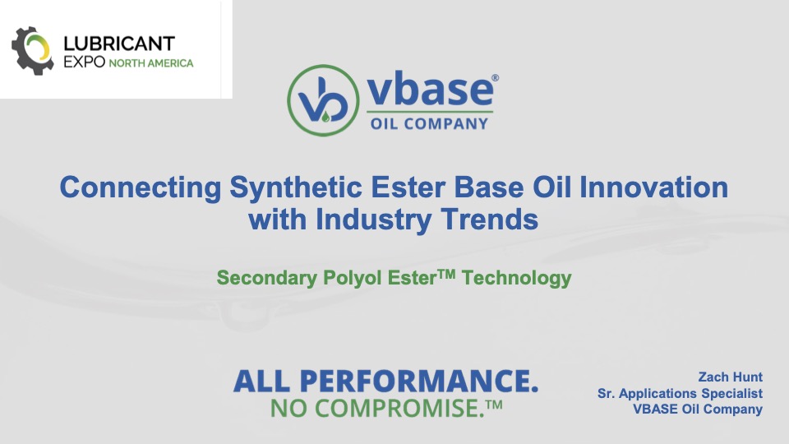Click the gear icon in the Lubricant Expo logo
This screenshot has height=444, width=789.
point(32,51)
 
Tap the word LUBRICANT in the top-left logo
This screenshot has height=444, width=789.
point(119,44)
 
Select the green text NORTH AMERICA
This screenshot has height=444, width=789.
point(151,63)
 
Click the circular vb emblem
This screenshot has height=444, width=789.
point(323,100)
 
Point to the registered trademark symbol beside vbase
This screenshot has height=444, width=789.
point(495,78)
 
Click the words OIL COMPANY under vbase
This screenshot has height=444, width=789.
point(429,123)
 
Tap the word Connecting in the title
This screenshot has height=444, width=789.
point(141,187)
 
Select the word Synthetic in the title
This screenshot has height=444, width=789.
point(296,187)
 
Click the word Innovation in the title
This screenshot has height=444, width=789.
point(653,187)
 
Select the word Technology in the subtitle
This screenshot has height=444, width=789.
point(516,278)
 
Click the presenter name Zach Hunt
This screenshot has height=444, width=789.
point(730,377)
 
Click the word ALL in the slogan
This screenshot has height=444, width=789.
point(261,381)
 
